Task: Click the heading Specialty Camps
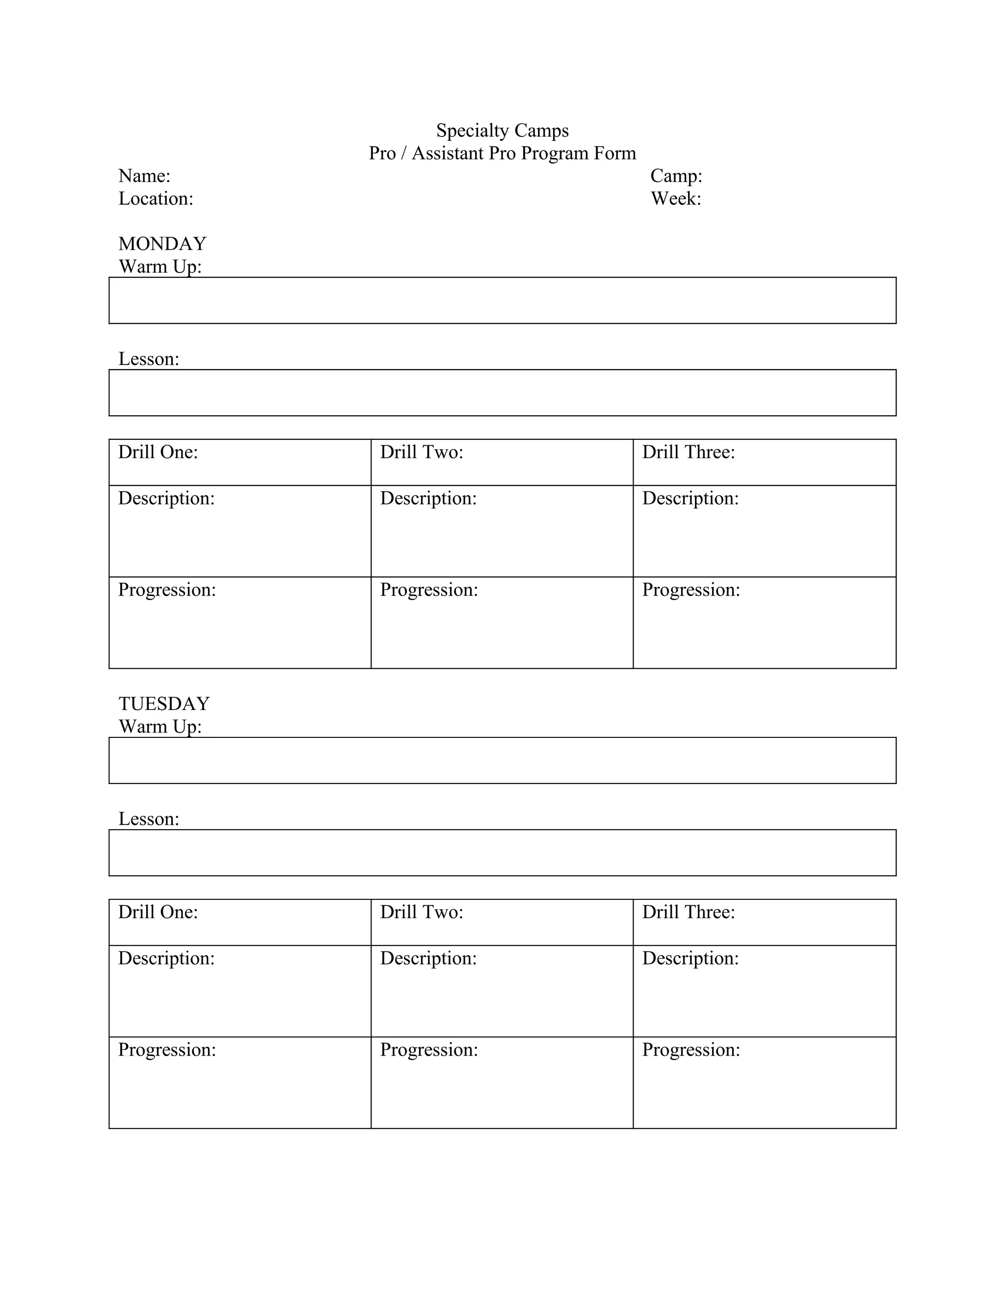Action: (x=502, y=131)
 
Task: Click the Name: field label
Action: (x=144, y=176)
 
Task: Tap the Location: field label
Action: (x=156, y=198)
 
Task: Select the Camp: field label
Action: (x=676, y=176)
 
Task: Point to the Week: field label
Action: (x=675, y=198)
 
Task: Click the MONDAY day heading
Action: (x=162, y=244)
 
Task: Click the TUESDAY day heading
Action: (x=164, y=704)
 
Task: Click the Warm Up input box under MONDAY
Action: (x=502, y=300)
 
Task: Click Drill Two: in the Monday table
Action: (x=422, y=452)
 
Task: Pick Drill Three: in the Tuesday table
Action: (x=688, y=912)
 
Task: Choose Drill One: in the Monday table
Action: (x=158, y=452)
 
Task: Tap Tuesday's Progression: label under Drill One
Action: (x=167, y=1050)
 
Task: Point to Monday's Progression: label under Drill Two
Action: (x=429, y=590)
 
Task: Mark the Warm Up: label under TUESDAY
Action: (x=160, y=726)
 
